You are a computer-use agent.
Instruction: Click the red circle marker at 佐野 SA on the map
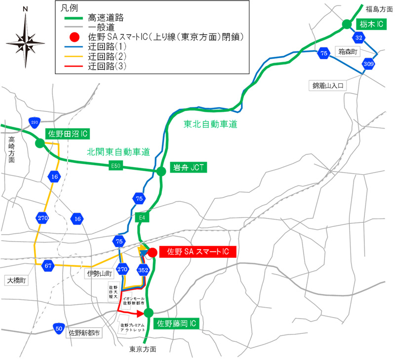coord(153,252)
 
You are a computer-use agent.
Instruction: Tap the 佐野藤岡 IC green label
coord(177,324)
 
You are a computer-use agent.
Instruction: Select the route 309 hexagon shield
coord(368,64)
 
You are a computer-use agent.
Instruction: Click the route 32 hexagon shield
coord(359,37)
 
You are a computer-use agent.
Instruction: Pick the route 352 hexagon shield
coord(143,270)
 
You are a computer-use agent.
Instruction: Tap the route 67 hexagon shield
coord(48,265)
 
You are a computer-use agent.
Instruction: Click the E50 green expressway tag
coord(116,167)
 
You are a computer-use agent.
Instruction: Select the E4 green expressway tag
coord(142,217)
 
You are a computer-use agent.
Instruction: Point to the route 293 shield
coord(34,122)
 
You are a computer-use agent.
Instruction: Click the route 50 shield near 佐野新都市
coord(59,327)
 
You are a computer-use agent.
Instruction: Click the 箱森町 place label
coord(348,51)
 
